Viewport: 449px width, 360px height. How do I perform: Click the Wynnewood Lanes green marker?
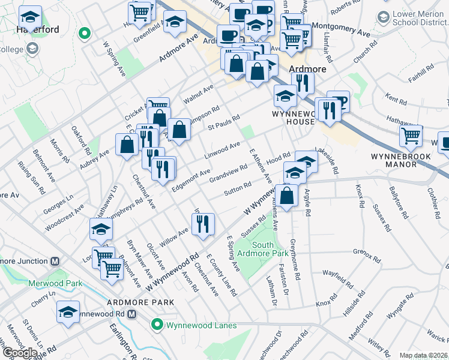[x=157, y=325]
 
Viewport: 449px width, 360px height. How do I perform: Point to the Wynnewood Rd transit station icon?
[x=132, y=313]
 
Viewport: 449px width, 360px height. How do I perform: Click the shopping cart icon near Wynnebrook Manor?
[x=411, y=136]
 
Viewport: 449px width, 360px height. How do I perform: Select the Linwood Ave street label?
[x=223, y=147]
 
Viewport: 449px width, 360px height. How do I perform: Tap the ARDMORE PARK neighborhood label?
[x=149, y=302]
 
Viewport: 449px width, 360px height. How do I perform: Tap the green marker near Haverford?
[x=85, y=34]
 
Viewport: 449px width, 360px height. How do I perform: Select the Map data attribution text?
[x=424, y=355]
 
